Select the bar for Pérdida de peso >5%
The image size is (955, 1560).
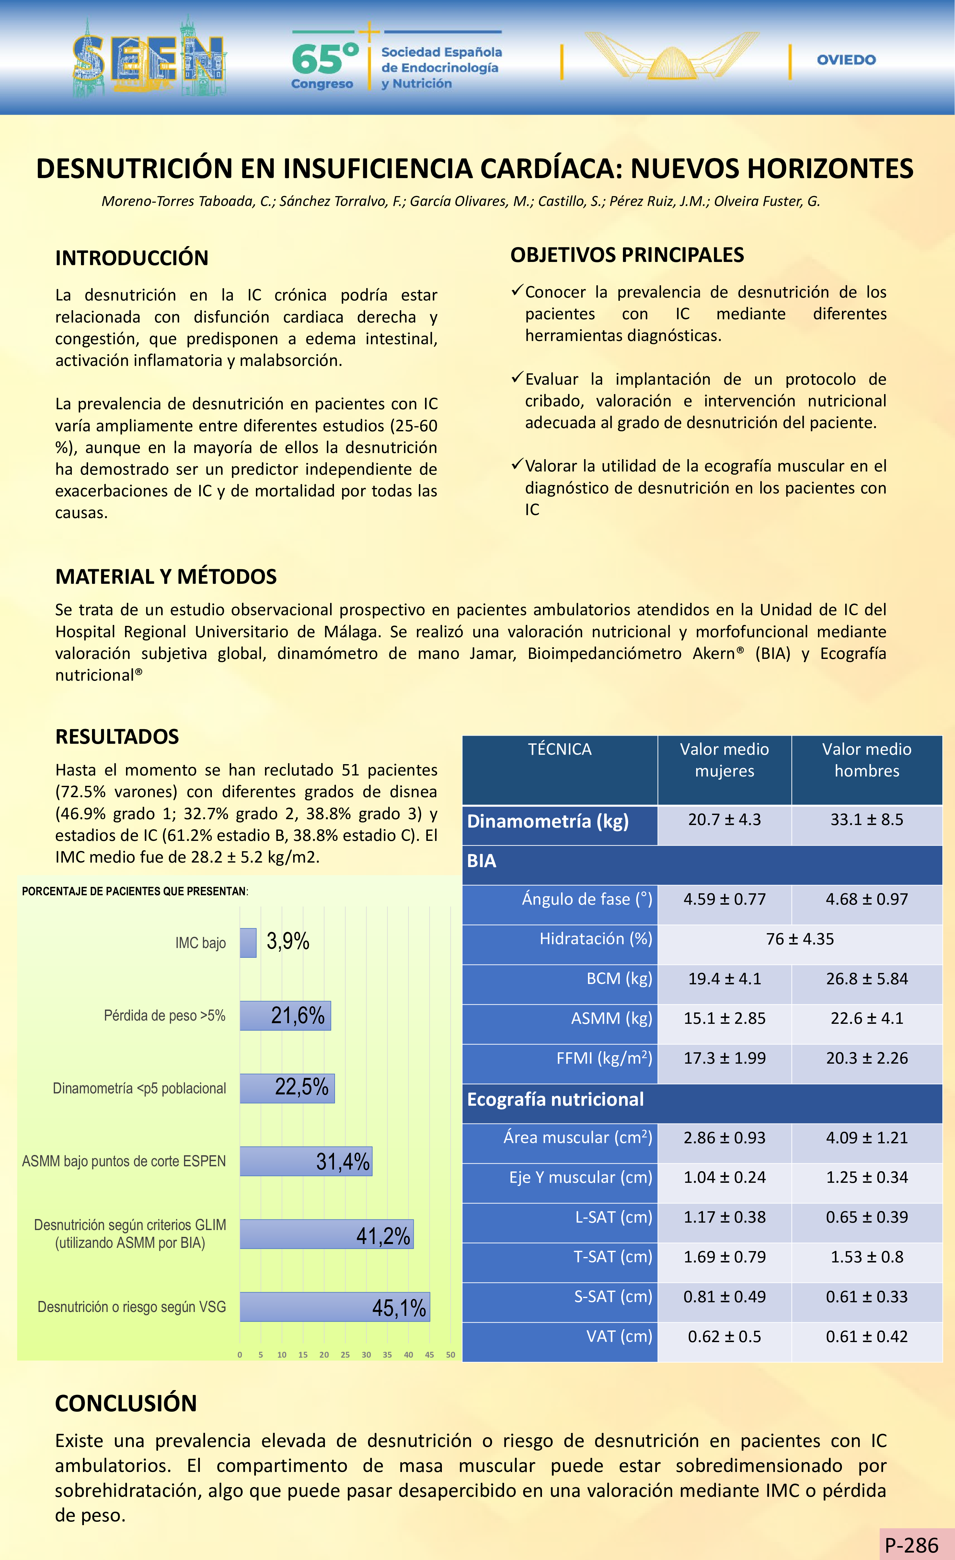coord(285,1015)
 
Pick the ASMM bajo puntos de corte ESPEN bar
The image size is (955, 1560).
coord(306,1161)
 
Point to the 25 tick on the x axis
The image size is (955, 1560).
coord(345,1355)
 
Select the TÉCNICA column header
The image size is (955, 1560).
coord(560,750)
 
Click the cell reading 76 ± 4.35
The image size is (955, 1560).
coord(800,939)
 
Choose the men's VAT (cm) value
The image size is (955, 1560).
coord(866,1337)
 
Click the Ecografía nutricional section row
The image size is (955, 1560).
coord(555,1100)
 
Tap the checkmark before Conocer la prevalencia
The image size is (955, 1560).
coord(517,291)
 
